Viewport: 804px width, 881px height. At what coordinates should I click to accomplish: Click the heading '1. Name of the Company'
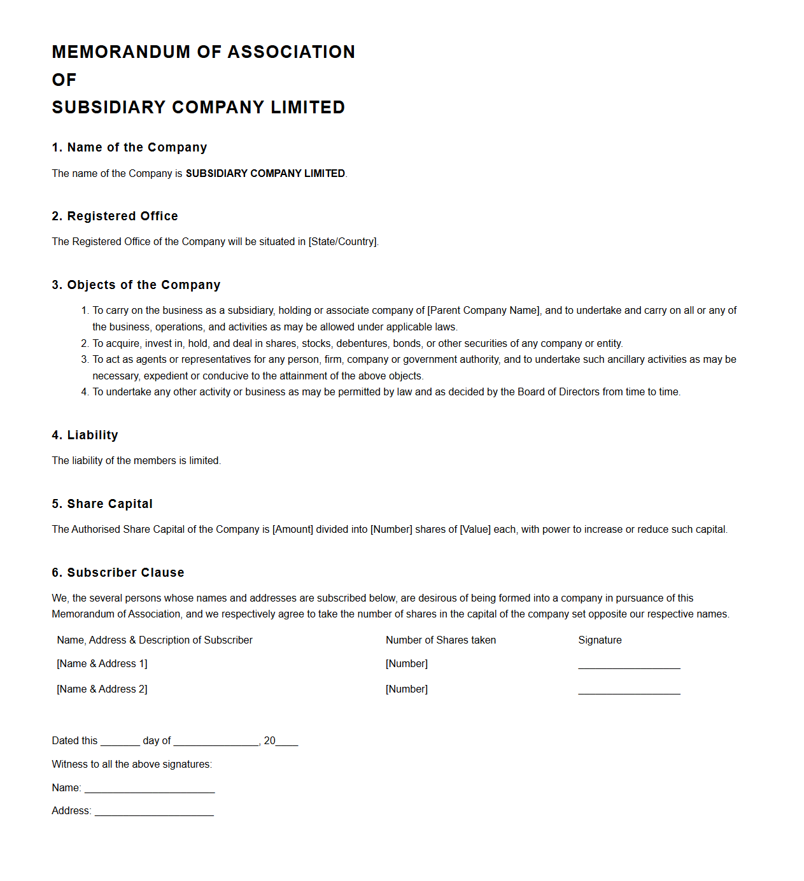coord(129,148)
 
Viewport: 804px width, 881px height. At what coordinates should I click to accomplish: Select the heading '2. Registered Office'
coord(115,216)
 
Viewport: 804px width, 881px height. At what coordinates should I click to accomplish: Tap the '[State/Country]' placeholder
coord(342,242)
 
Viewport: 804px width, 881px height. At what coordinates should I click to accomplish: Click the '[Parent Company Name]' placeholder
coord(484,311)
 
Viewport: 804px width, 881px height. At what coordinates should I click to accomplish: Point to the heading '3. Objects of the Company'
coord(136,285)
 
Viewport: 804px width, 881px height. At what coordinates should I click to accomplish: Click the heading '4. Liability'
coord(85,435)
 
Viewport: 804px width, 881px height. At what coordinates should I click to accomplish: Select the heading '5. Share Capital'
coord(102,504)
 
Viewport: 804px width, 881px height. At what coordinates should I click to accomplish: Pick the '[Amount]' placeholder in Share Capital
coord(293,530)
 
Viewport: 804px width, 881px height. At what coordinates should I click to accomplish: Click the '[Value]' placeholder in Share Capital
coord(475,530)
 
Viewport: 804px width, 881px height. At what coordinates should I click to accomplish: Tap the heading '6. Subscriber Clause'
coord(118,573)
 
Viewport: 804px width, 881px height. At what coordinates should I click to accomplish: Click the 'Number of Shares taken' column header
coord(441,640)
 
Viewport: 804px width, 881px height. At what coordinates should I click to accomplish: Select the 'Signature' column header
coord(600,640)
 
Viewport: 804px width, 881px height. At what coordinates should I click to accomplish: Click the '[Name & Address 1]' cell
coord(102,664)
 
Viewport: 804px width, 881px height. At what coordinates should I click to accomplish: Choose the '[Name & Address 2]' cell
coord(102,689)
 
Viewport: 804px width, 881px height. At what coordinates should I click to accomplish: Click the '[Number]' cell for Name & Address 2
coord(407,689)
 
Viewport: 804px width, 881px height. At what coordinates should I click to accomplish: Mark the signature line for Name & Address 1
coord(629,666)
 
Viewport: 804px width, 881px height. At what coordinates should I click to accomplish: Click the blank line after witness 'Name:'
coord(150,789)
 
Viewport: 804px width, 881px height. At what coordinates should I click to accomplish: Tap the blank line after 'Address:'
coord(154,812)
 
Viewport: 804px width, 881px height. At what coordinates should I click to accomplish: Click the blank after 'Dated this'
coord(120,742)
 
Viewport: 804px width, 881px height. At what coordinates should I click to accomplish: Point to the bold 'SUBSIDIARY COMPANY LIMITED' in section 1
coord(265,174)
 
